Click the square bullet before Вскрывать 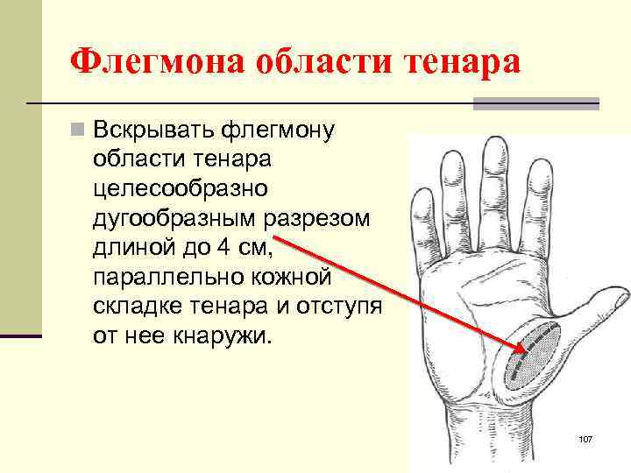[x=80, y=131]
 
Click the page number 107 [x=586, y=437]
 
